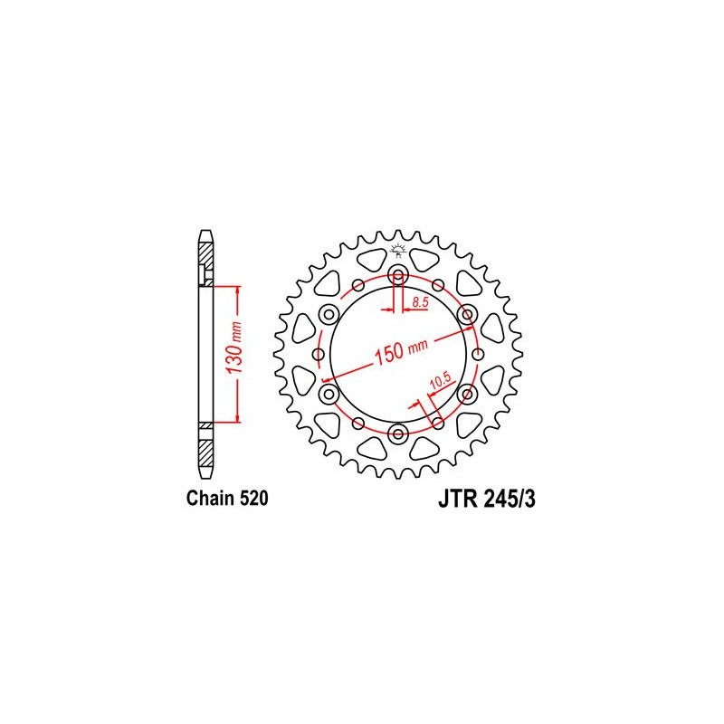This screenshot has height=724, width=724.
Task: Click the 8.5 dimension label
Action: (421, 302)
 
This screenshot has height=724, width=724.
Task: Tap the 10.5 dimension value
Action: (440, 380)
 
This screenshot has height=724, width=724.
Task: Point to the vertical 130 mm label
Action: (234, 348)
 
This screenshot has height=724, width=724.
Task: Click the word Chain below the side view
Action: (208, 499)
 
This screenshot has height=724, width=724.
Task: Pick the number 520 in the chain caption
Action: (252, 499)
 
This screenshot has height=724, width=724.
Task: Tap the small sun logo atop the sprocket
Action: (397, 250)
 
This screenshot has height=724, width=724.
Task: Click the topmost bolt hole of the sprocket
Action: (398, 276)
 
